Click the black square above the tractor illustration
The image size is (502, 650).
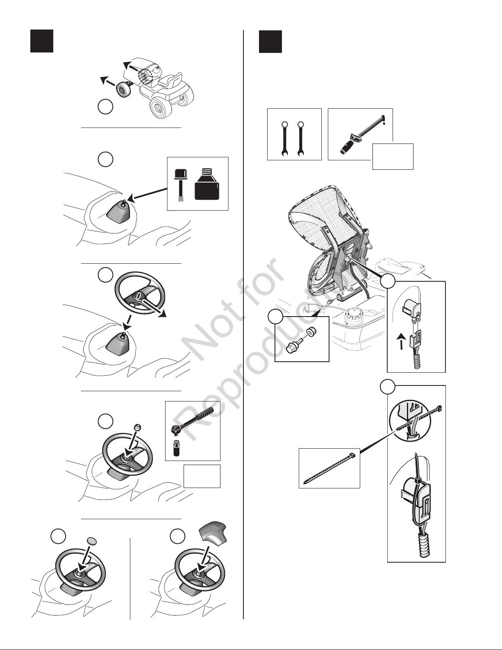(42, 41)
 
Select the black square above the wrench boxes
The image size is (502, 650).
(270, 41)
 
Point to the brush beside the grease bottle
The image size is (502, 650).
(180, 185)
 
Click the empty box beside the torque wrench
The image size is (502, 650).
(393, 156)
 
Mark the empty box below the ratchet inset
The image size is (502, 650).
(202, 476)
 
